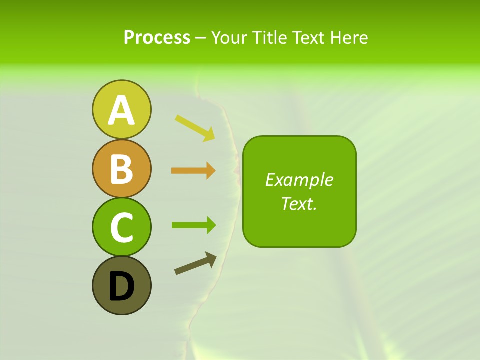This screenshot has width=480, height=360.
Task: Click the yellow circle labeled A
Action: (x=121, y=109)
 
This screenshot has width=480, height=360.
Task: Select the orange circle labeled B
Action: (x=121, y=168)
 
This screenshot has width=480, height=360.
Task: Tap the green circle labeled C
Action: (x=121, y=227)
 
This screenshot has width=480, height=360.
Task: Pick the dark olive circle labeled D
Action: (x=121, y=285)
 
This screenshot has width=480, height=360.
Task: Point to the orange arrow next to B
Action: (x=193, y=171)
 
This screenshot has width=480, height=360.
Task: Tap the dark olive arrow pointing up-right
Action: (x=195, y=263)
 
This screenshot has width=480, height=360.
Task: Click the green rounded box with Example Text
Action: (x=299, y=191)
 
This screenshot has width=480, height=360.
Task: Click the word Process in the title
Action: (x=157, y=38)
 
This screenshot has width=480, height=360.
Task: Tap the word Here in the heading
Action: (x=349, y=38)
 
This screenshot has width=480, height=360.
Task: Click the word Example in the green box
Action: (x=299, y=180)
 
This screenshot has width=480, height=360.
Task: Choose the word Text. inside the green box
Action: (x=299, y=204)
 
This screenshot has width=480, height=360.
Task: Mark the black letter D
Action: (x=121, y=286)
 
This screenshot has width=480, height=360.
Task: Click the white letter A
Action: (x=121, y=110)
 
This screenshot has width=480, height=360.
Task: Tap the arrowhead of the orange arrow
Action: (x=210, y=171)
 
